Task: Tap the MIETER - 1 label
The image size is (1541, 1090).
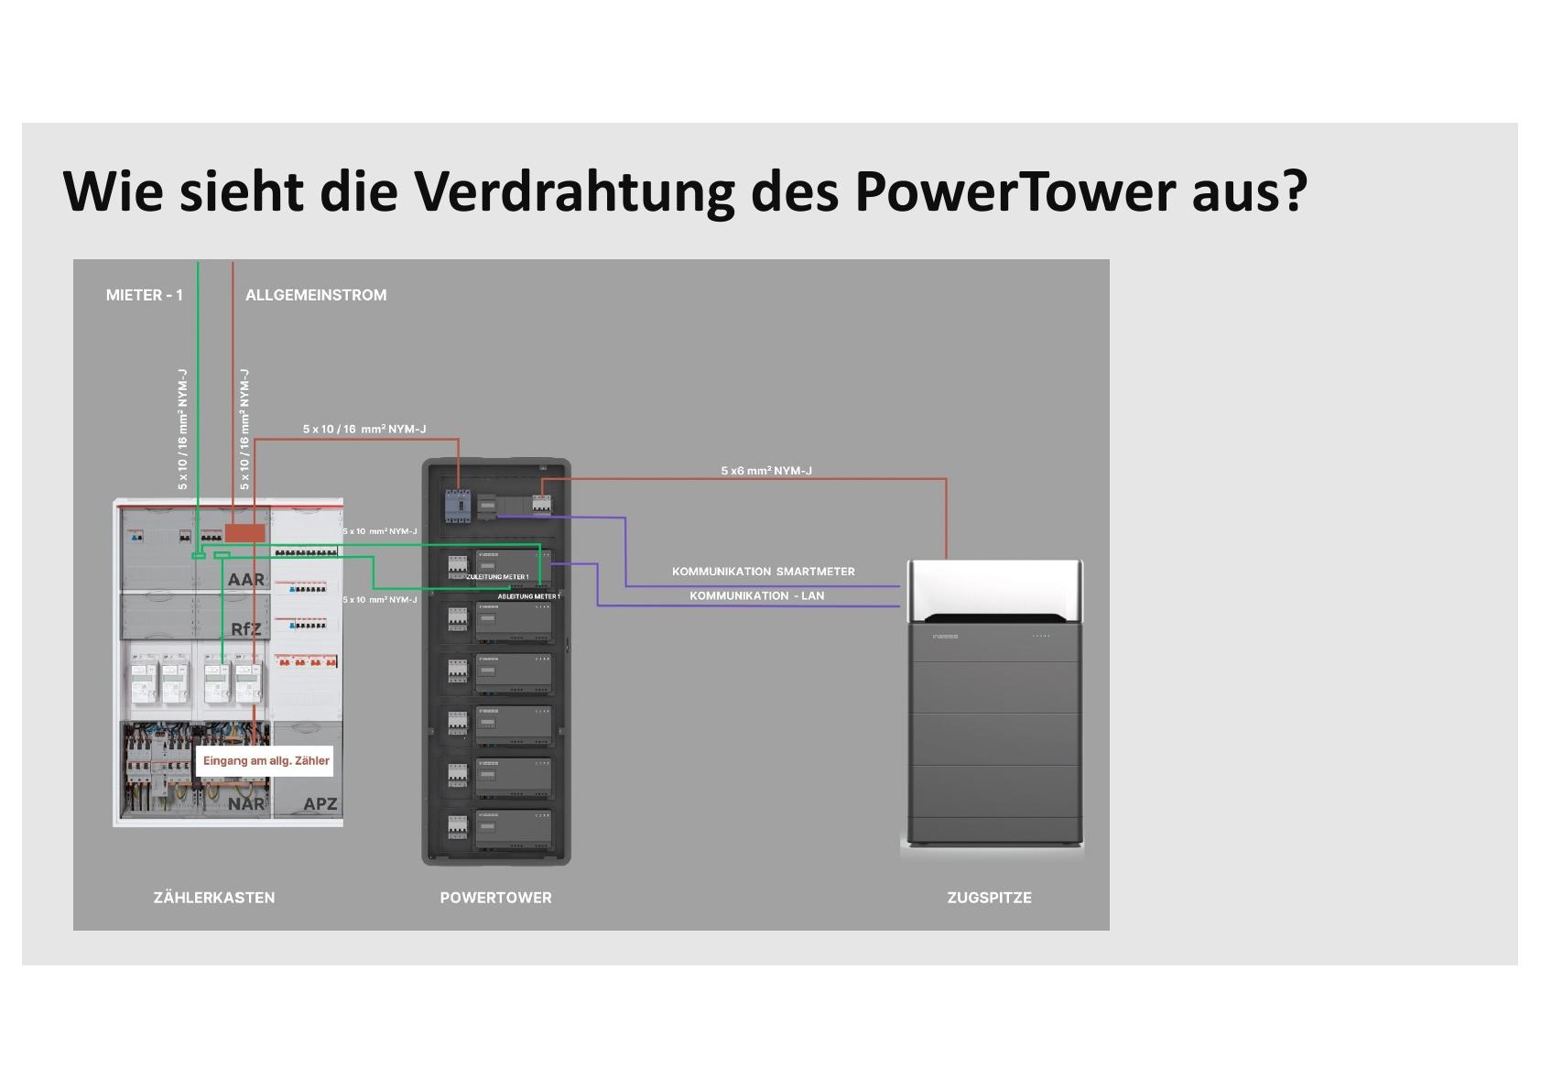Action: click(145, 295)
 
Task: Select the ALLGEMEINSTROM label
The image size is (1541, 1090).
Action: click(316, 295)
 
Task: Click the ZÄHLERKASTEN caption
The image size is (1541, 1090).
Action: click(214, 898)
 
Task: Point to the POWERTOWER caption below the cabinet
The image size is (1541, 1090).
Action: click(495, 898)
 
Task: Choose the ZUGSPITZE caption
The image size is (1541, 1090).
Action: click(989, 898)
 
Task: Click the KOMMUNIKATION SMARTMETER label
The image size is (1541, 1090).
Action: click(763, 572)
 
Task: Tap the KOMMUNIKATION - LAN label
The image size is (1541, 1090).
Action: click(756, 595)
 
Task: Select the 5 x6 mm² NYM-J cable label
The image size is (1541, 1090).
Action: click(766, 471)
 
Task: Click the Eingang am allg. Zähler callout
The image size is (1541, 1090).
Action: click(266, 761)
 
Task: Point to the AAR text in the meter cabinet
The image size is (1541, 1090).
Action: click(245, 580)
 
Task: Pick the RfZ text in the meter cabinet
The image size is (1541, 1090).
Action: click(245, 629)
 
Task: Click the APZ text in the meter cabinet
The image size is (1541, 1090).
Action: click(320, 804)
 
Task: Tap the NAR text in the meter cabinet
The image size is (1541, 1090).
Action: click(245, 804)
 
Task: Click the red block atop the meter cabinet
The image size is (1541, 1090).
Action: click(244, 533)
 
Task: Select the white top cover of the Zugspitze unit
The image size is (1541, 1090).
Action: click(994, 586)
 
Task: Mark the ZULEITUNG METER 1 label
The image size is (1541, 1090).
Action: click(497, 577)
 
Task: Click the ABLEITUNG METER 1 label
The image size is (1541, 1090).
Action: click(528, 596)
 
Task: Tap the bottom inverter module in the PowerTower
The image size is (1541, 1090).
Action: click(514, 828)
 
